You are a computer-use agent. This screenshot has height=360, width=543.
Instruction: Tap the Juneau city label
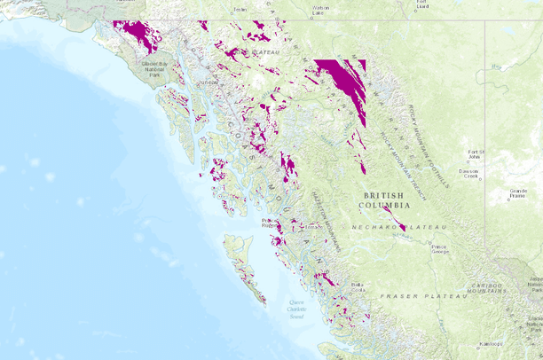[208, 82]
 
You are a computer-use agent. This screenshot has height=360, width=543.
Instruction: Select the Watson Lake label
[320, 10]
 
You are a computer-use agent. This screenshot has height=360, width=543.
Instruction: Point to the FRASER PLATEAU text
[421, 295]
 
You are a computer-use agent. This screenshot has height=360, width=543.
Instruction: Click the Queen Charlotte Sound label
[295, 309]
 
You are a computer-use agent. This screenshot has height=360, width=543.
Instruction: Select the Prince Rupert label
[269, 223]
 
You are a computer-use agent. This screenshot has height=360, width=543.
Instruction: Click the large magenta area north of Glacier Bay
[140, 35]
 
